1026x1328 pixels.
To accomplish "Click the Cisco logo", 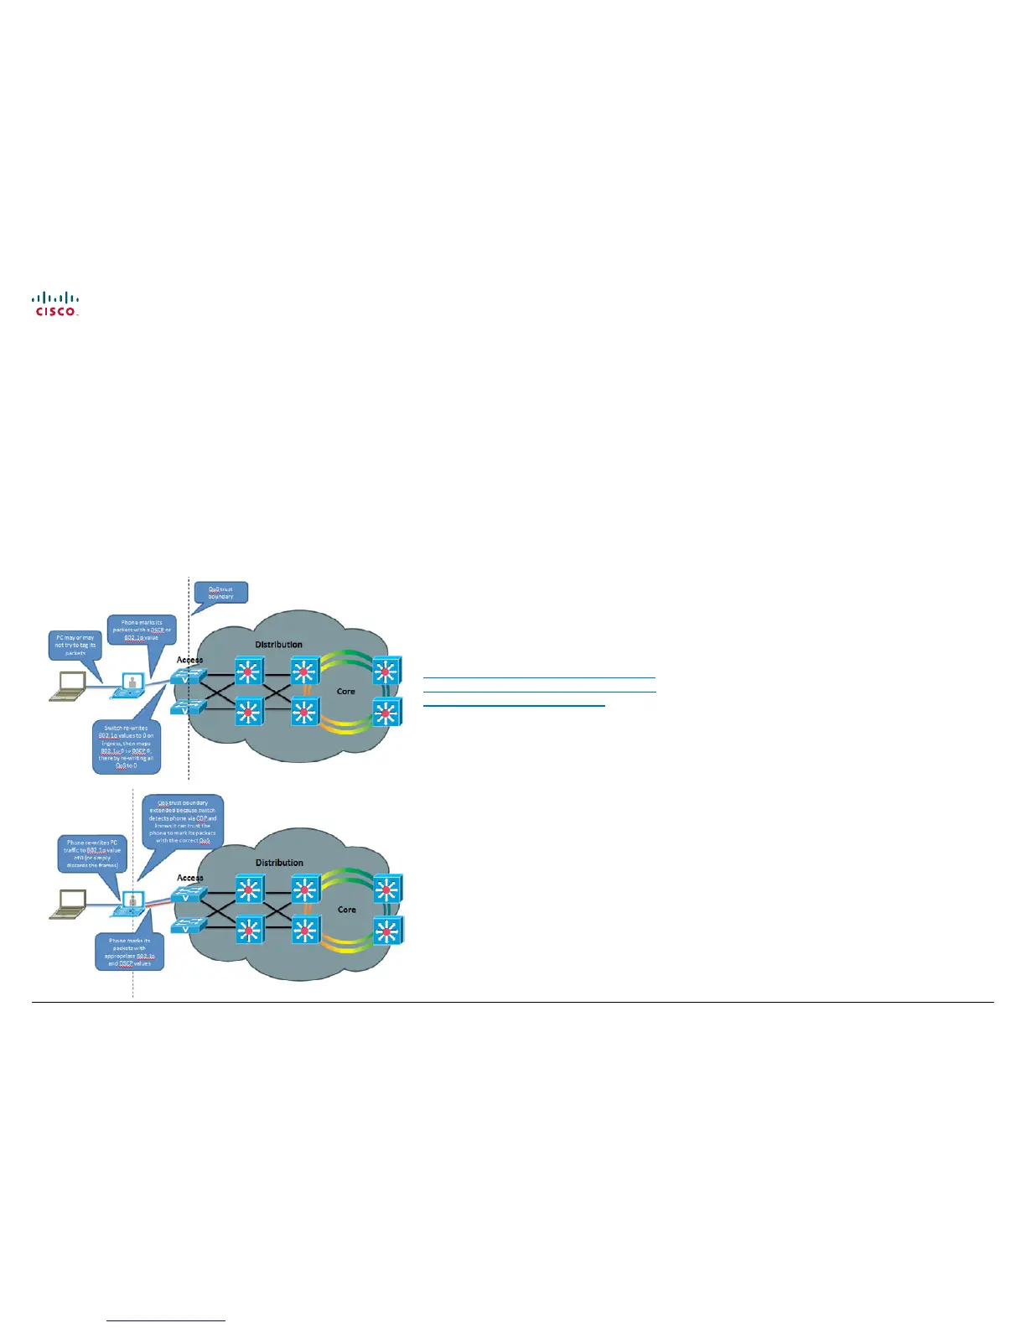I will tap(56, 303).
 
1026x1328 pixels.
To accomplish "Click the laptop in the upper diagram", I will tap(67, 686).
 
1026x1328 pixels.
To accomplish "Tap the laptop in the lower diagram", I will tap(67, 904).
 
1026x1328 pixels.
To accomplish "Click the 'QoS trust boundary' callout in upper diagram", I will tap(220, 593).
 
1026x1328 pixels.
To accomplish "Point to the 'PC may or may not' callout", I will tap(75, 645).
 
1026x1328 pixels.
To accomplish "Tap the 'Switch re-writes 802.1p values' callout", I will tap(126, 747).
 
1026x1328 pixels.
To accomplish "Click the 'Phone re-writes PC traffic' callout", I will tap(92, 853).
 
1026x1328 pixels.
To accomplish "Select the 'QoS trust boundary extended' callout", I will tap(183, 821).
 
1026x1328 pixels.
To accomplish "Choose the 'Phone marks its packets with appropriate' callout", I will tap(129, 952).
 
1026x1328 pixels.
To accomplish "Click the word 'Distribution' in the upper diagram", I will tap(279, 645).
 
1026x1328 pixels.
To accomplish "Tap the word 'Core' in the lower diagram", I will tap(346, 910).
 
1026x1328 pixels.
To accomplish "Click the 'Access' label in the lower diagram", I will tap(190, 878).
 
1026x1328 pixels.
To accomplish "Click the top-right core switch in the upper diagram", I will tap(386, 671).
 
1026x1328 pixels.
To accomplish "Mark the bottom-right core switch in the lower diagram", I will tap(386, 931).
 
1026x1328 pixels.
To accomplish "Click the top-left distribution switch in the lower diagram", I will tap(249, 889).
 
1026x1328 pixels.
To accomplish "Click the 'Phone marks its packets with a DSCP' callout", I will tap(141, 630).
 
